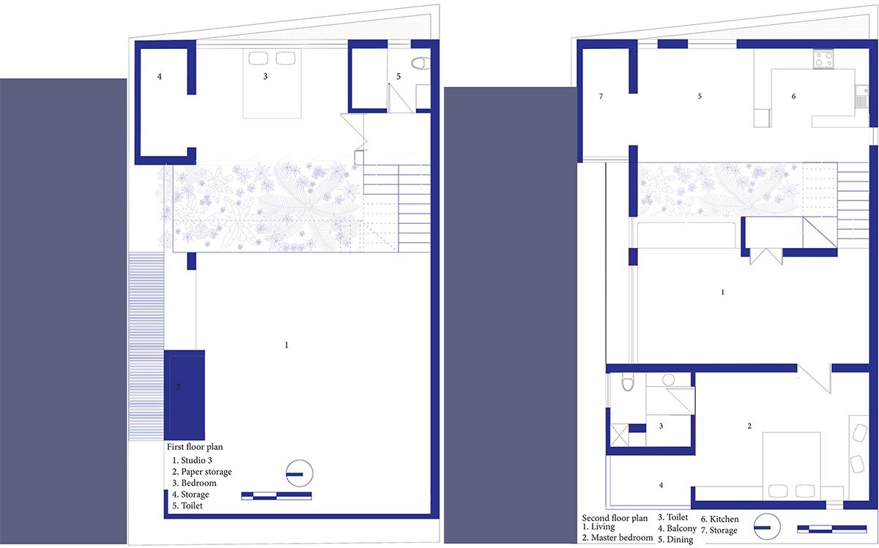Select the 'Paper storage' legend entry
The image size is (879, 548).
(202, 472)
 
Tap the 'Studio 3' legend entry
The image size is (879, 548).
(192, 460)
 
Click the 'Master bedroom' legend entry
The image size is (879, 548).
(617, 538)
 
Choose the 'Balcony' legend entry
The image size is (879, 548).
(676, 528)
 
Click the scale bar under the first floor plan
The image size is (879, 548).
(276, 496)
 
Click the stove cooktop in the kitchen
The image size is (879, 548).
(823, 59)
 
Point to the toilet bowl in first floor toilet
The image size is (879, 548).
(418, 64)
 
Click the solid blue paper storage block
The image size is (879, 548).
(184, 394)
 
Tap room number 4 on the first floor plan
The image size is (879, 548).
(159, 75)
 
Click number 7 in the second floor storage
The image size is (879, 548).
(601, 97)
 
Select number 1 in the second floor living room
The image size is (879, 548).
(723, 292)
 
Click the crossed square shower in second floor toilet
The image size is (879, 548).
(619, 435)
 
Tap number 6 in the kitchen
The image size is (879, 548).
(793, 97)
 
